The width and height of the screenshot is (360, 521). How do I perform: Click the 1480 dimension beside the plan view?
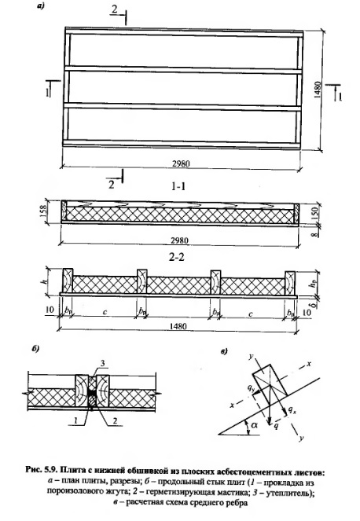318,90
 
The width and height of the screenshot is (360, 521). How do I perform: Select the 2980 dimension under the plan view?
181,163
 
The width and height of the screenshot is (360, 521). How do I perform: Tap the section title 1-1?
178,187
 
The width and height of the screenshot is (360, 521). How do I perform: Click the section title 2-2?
177,258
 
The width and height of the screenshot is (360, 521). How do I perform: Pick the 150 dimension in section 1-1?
316,213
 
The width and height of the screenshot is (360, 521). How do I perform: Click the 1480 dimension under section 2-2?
178,326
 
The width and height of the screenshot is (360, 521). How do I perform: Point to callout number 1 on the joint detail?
75,420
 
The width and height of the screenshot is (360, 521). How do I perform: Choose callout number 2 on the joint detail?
115,420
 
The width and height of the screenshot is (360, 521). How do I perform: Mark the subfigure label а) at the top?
41,6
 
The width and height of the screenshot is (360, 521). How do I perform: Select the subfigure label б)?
35,349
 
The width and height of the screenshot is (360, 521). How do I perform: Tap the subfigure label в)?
224,351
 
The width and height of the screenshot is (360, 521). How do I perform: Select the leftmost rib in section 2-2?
68,281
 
